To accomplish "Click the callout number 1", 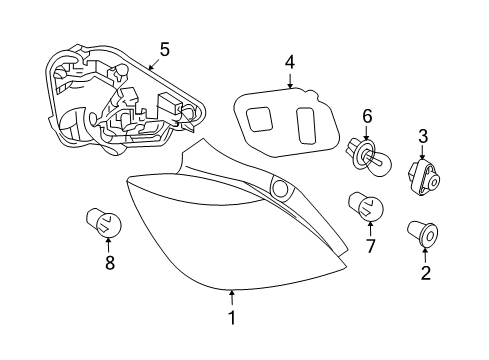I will coord(231,319).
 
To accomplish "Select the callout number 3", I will coord(423,136).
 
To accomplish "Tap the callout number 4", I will coord(289,62).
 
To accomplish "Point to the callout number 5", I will coord(164,47).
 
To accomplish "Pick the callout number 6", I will coord(367,117).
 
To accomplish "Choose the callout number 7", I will coord(369,245).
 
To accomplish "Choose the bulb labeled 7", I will coord(366,206).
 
